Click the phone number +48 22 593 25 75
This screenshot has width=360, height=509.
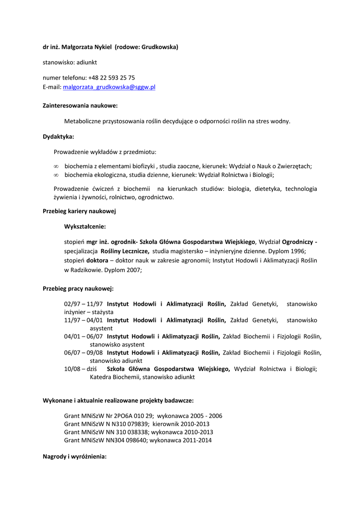(111, 78)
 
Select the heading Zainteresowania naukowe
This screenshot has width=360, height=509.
(80, 105)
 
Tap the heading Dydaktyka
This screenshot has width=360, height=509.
(58, 136)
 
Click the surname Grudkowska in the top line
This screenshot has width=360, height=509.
(159, 47)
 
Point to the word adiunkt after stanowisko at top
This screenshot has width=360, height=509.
(87, 63)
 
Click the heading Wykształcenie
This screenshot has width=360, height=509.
(85, 226)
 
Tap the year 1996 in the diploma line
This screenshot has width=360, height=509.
(298, 252)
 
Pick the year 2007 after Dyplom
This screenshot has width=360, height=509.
(134, 270)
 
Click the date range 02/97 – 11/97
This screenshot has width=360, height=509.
(83, 304)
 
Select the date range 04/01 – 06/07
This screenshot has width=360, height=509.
(83, 337)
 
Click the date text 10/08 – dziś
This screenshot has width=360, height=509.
(80, 369)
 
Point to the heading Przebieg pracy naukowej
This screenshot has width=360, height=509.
(78, 288)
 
